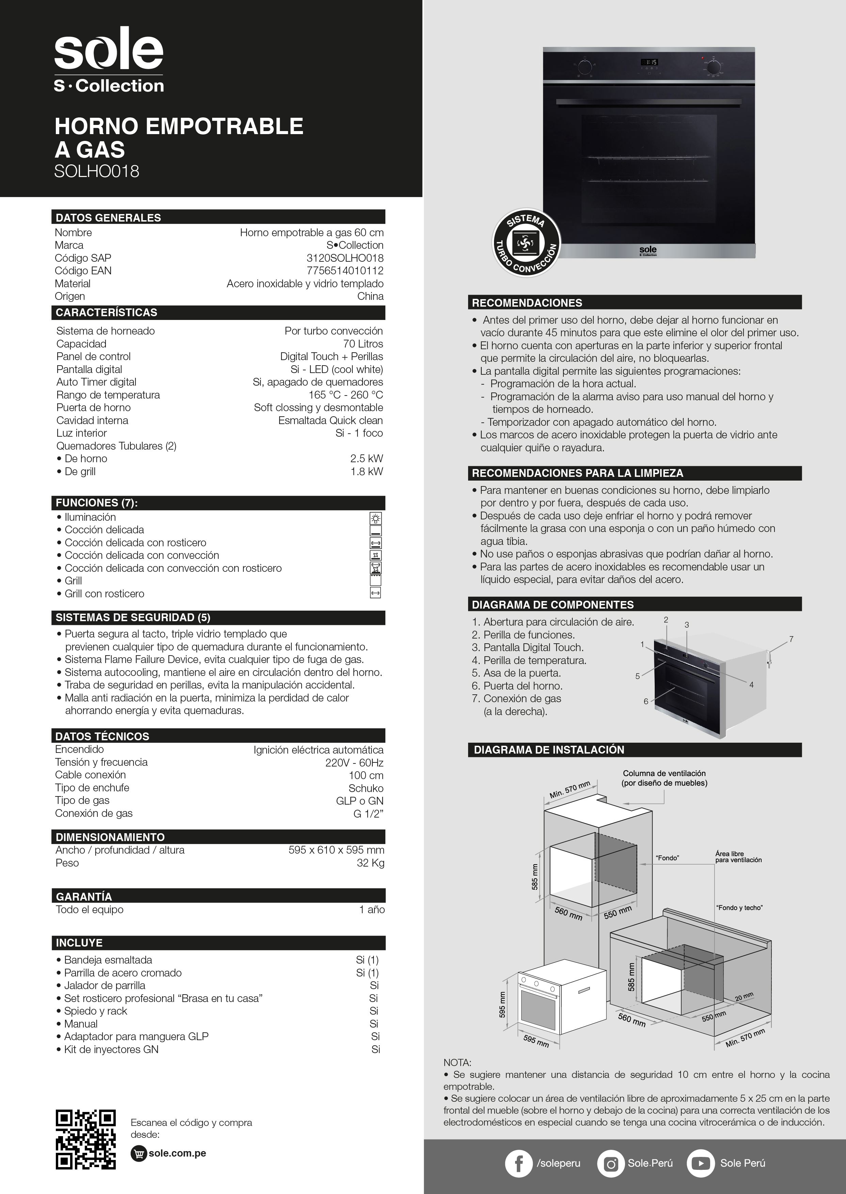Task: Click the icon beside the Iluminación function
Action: point(375,518)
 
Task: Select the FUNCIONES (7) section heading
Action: point(96,502)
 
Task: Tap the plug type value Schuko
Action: point(366,788)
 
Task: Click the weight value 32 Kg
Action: point(370,863)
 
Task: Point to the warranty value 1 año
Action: point(372,910)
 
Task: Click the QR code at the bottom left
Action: point(85,1139)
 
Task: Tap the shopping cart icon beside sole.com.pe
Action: point(139,1153)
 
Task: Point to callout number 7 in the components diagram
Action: point(791,639)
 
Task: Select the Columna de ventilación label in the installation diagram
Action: point(664,778)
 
